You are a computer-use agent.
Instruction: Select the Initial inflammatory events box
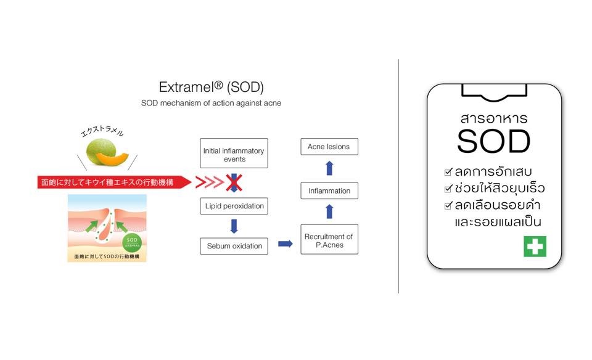tap(234, 154)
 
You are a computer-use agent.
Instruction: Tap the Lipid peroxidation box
tap(234, 205)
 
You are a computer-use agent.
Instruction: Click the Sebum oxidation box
tap(234, 246)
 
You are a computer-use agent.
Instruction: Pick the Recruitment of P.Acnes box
tap(329, 240)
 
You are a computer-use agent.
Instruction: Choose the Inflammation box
tap(329, 191)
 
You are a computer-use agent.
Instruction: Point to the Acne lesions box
tap(329, 147)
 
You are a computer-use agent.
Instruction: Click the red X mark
tap(234, 182)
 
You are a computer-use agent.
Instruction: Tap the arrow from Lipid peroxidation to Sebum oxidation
tap(234, 226)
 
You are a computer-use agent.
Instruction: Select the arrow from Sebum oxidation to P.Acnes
tap(285, 243)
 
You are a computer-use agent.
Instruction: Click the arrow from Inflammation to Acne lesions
tap(329, 168)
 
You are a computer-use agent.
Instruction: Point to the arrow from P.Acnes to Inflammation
tap(329, 212)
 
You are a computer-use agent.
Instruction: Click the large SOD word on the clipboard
tap(493, 142)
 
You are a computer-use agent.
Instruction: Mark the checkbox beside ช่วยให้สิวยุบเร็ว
tap(448, 188)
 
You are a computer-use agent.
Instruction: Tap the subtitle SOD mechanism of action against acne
tap(211, 103)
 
